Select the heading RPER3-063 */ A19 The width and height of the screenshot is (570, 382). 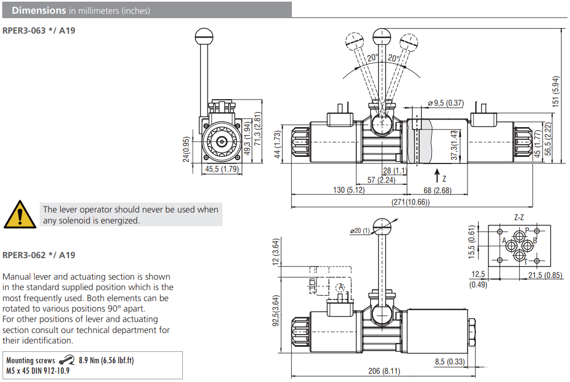click(39, 30)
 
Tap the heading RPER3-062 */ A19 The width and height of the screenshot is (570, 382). click(39, 255)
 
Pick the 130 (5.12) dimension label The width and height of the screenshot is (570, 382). click(349, 190)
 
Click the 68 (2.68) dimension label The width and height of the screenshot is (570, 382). click(435, 190)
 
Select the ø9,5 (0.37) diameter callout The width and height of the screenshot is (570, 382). click(446, 103)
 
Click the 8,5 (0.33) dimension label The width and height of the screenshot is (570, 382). click(449, 362)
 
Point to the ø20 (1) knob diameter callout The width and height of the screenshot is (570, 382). click(360, 231)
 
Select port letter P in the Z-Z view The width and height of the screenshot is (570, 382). click(526, 230)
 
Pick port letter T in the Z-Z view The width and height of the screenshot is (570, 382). click(525, 261)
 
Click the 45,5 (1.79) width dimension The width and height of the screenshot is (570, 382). click(222, 170)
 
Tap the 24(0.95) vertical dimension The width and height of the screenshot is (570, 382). click(186, 150)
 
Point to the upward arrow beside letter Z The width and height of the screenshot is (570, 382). click(436, 177)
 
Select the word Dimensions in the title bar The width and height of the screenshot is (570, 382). click(39, 10)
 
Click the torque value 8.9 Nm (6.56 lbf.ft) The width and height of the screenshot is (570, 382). click(106, 361)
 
